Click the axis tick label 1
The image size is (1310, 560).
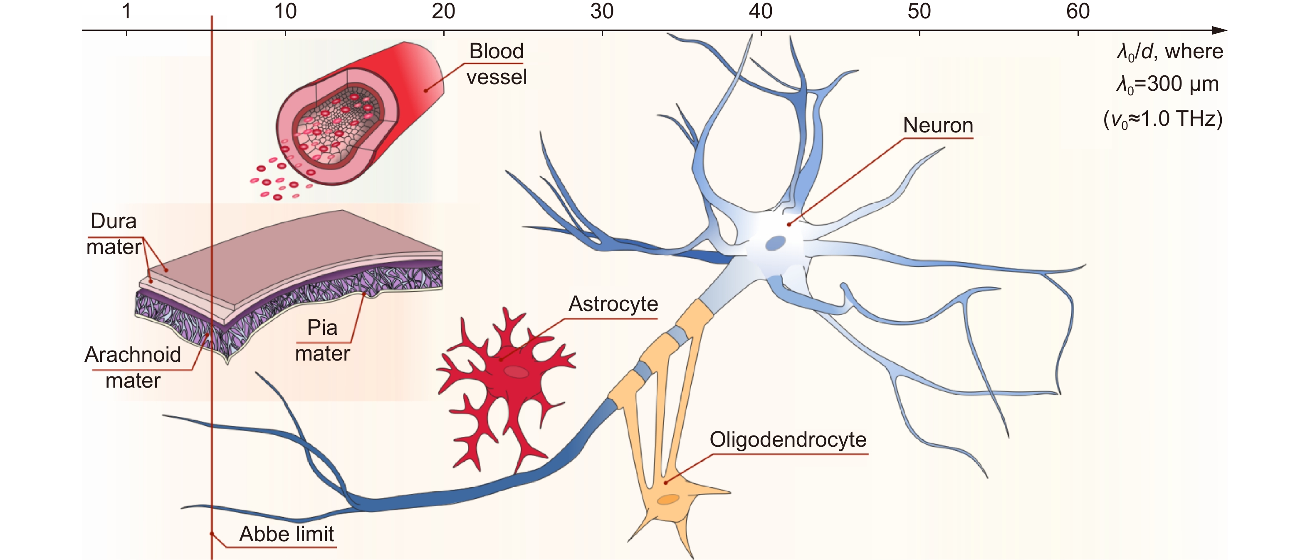point(126,11)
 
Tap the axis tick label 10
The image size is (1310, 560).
point(285,11)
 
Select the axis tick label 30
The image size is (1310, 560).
point(602,11)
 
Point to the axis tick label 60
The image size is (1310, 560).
point(1078,11)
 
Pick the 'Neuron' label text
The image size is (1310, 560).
point(938,125)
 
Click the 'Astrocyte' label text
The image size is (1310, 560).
point(613,304)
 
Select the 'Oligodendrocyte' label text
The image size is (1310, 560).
point(788,439)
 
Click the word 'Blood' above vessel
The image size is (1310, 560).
point(496,51)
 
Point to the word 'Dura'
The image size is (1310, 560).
point(114,221)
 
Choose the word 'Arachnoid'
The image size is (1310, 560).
point(133,355)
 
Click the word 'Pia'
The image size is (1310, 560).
point(322,327)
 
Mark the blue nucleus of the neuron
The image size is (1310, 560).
point(775,243)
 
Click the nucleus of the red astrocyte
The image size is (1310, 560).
point(516,372)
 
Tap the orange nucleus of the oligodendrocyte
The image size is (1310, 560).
point(668,499)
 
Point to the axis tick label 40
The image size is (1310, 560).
point(761,11)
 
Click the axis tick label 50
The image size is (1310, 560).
point(919,11)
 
